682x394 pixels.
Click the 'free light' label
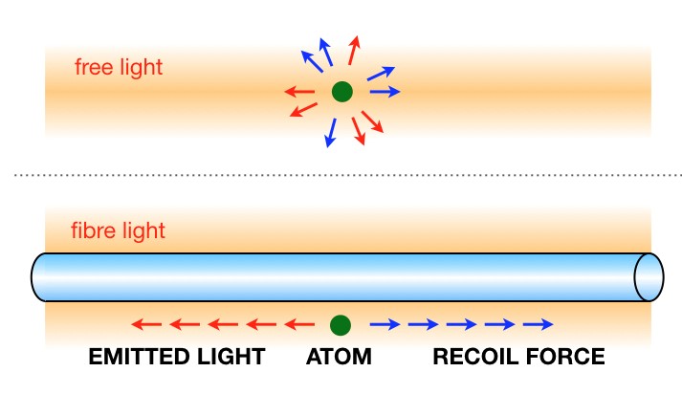click(x=119, y=68)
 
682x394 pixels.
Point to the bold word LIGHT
click(x=230, y=358)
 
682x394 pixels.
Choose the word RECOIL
click(x=476, y=358)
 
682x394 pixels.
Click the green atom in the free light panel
click(x=341, y=92)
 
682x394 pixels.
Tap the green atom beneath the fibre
click(x=338, y=323)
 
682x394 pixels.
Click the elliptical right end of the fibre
click(x=649, y=276)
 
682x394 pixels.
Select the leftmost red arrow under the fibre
click(x=145, y=323)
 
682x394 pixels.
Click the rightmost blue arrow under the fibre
click(x=539, y=323)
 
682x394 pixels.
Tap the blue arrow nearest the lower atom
click(x=385, y=323)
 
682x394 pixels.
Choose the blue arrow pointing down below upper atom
click(x=332, y=132)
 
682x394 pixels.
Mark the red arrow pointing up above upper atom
click(x=355, y=51)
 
